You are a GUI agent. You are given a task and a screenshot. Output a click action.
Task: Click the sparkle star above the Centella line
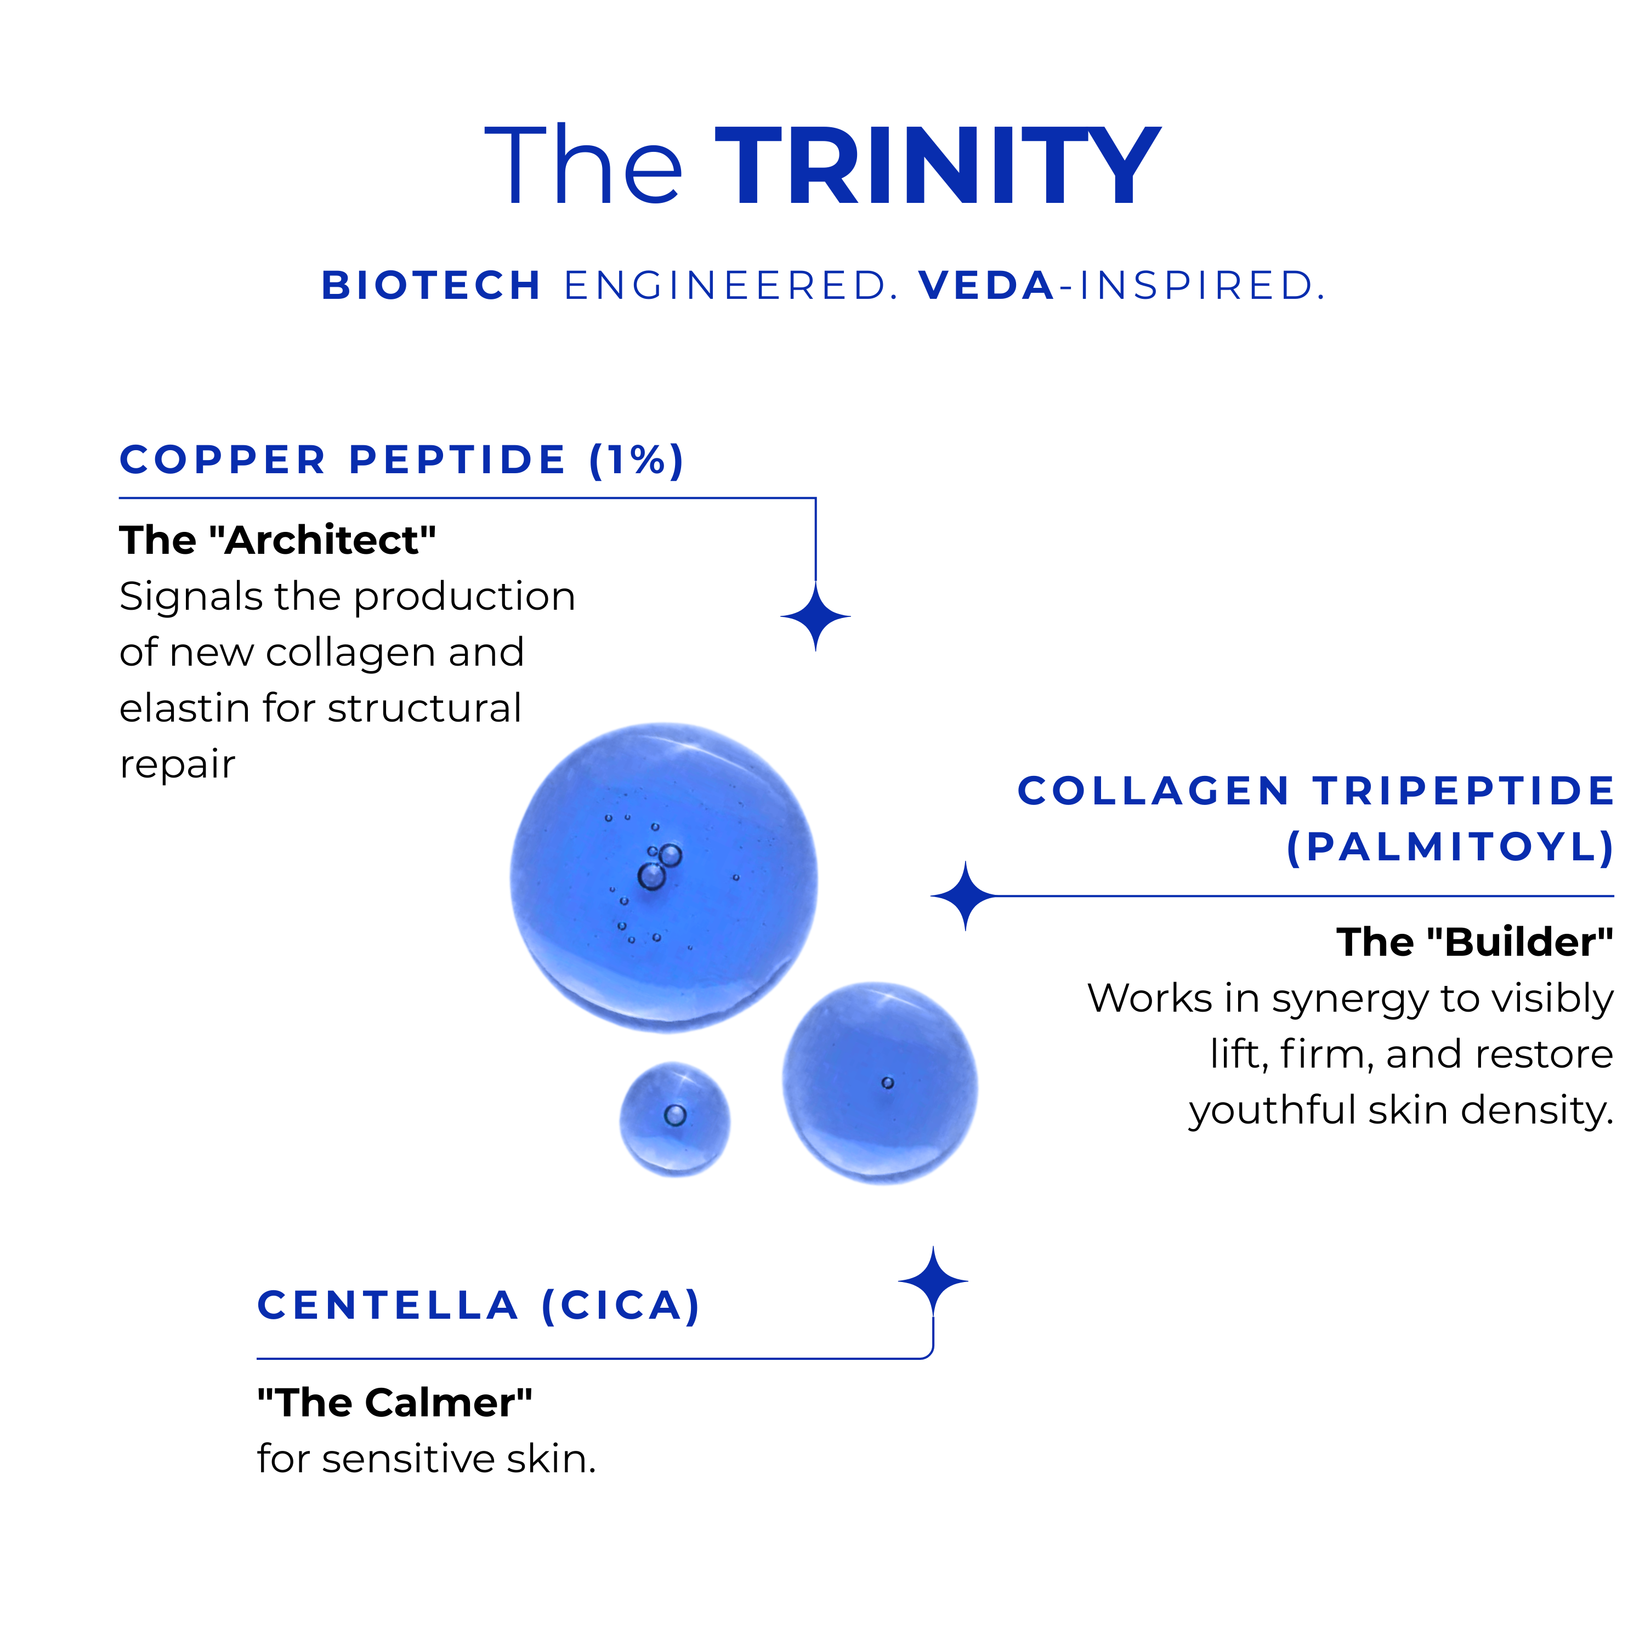pyautogui.click(x=933, y=1281)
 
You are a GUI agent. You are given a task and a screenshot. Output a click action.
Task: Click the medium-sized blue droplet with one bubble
pyautogui.click(x=881, y=1083)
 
